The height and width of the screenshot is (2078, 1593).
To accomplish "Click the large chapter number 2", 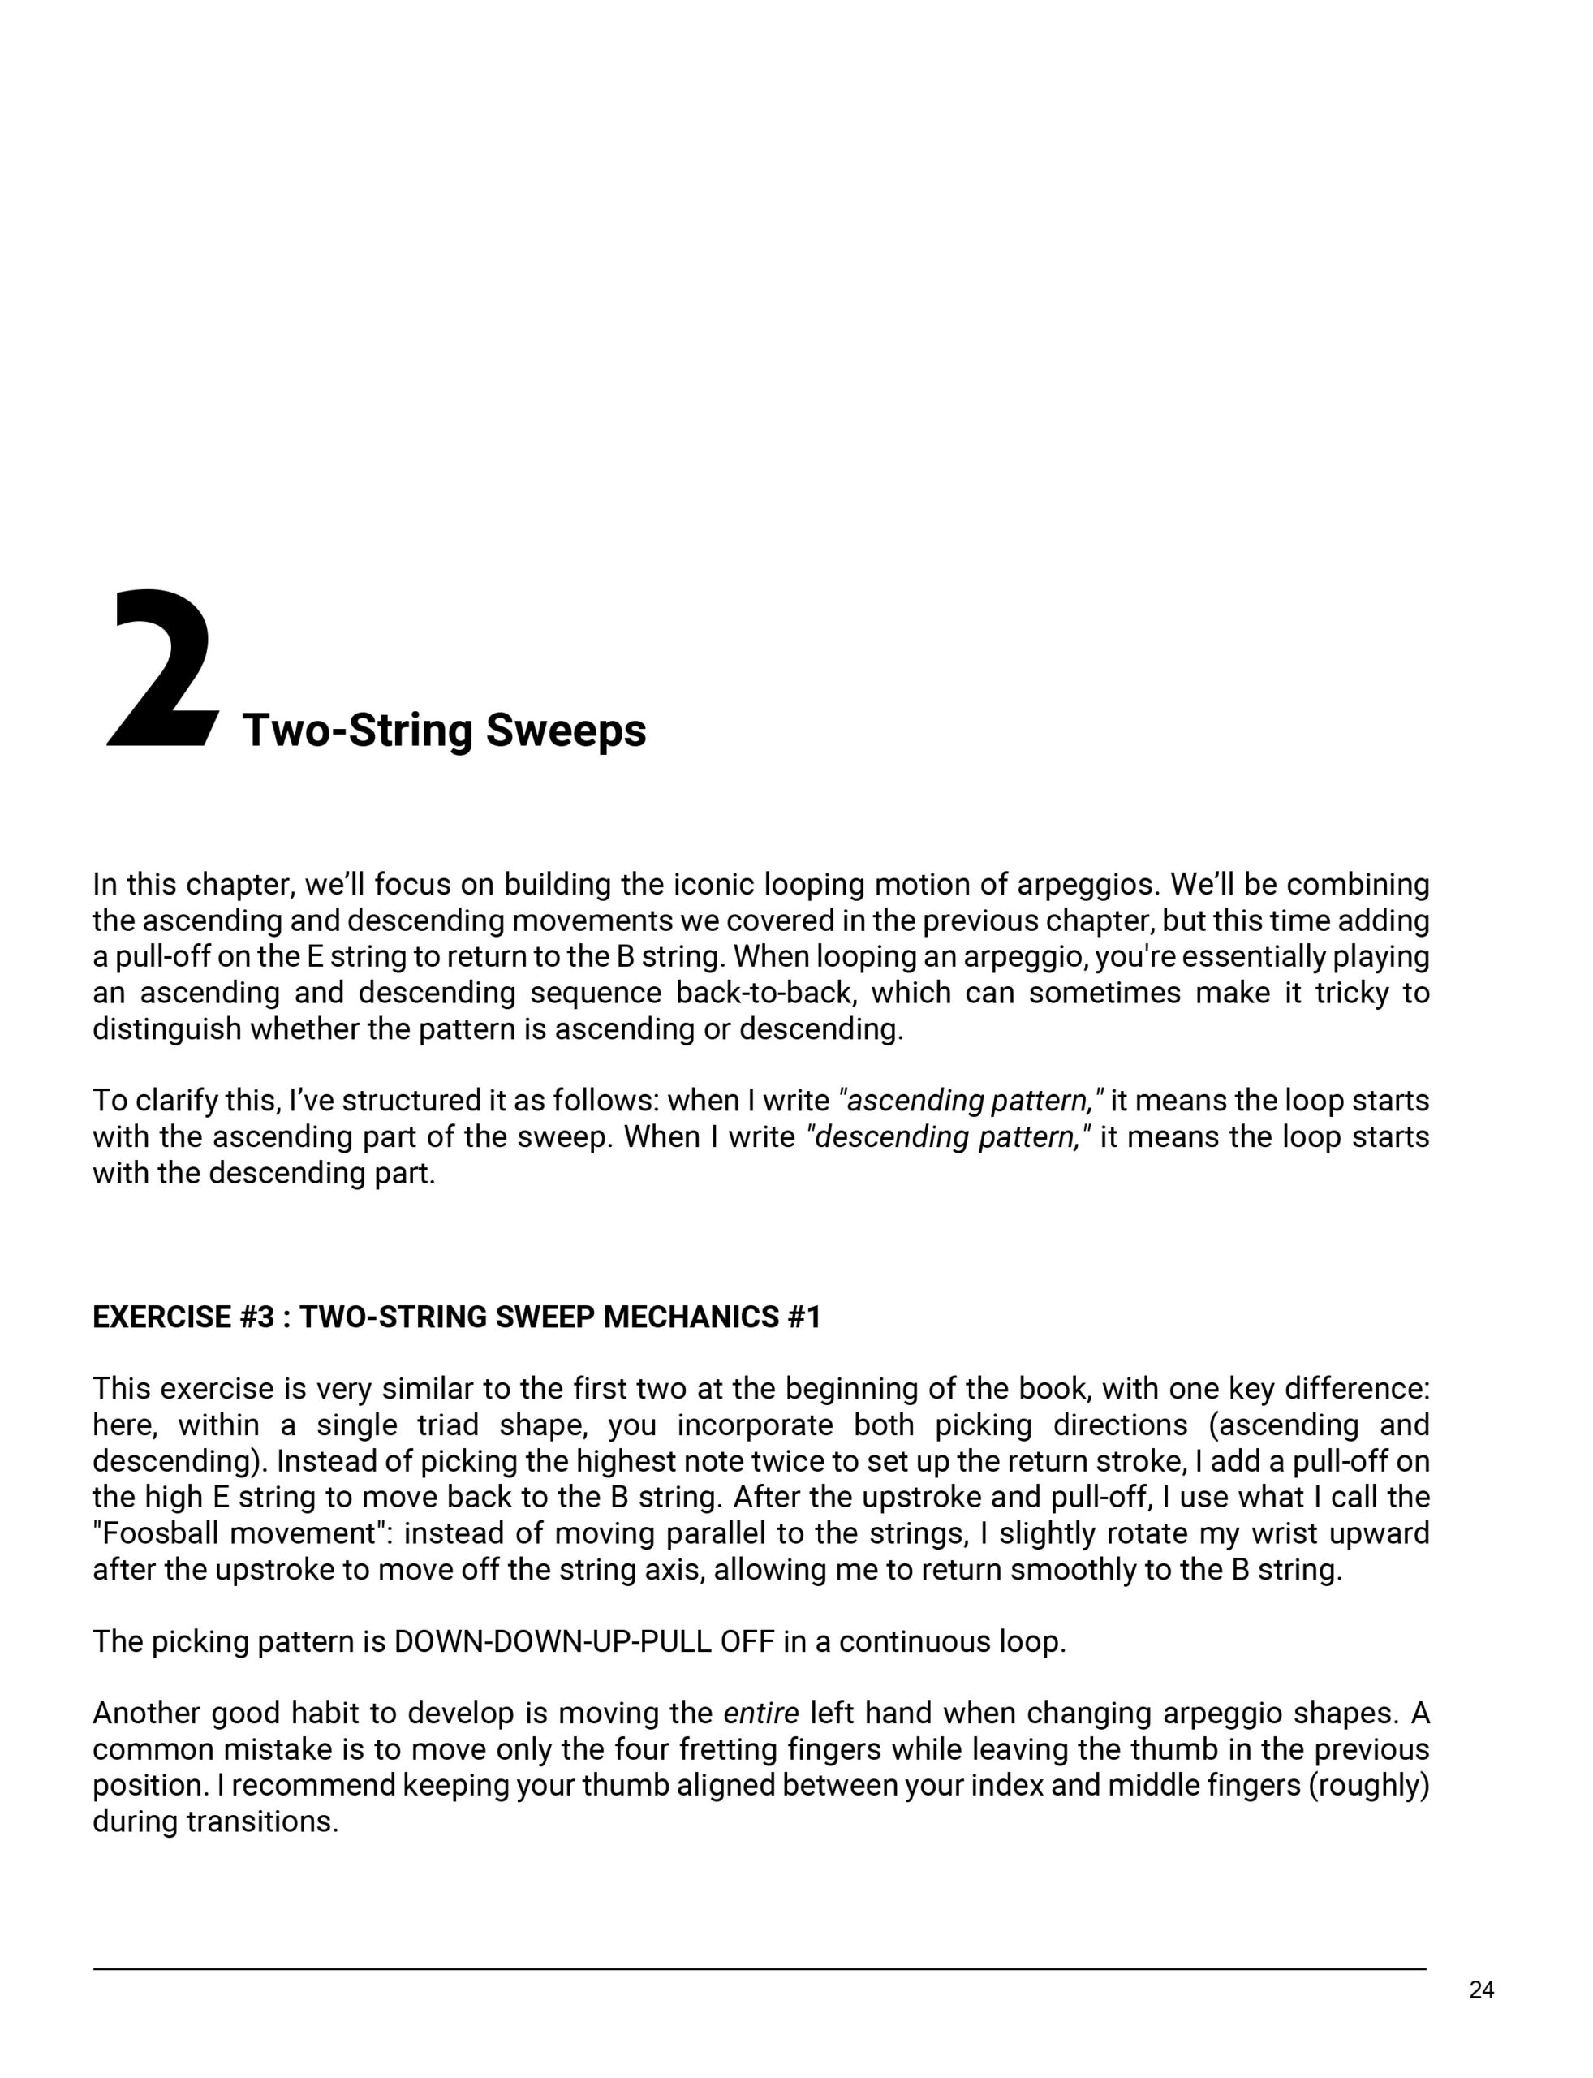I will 161,670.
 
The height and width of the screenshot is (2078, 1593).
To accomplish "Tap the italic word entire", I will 760,1714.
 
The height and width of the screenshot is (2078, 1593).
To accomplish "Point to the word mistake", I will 282,1750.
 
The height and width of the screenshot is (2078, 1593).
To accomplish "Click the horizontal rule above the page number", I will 759,1969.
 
